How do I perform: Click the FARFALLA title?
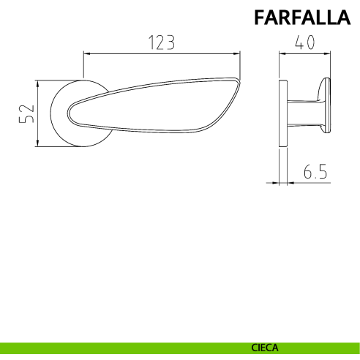click(302, 17)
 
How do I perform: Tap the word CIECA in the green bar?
click(265, 348)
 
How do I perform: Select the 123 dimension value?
click(162, 42)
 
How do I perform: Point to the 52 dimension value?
click(26, 113)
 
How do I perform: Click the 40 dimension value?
click(305, 42)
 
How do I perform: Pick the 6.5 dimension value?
click(315, 171)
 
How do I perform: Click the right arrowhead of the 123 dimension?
click(237, 53)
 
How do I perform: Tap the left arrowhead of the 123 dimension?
click(87, 53)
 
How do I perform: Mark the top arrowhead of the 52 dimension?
click(37, 84)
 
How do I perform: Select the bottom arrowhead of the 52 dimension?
click(37, 143)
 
